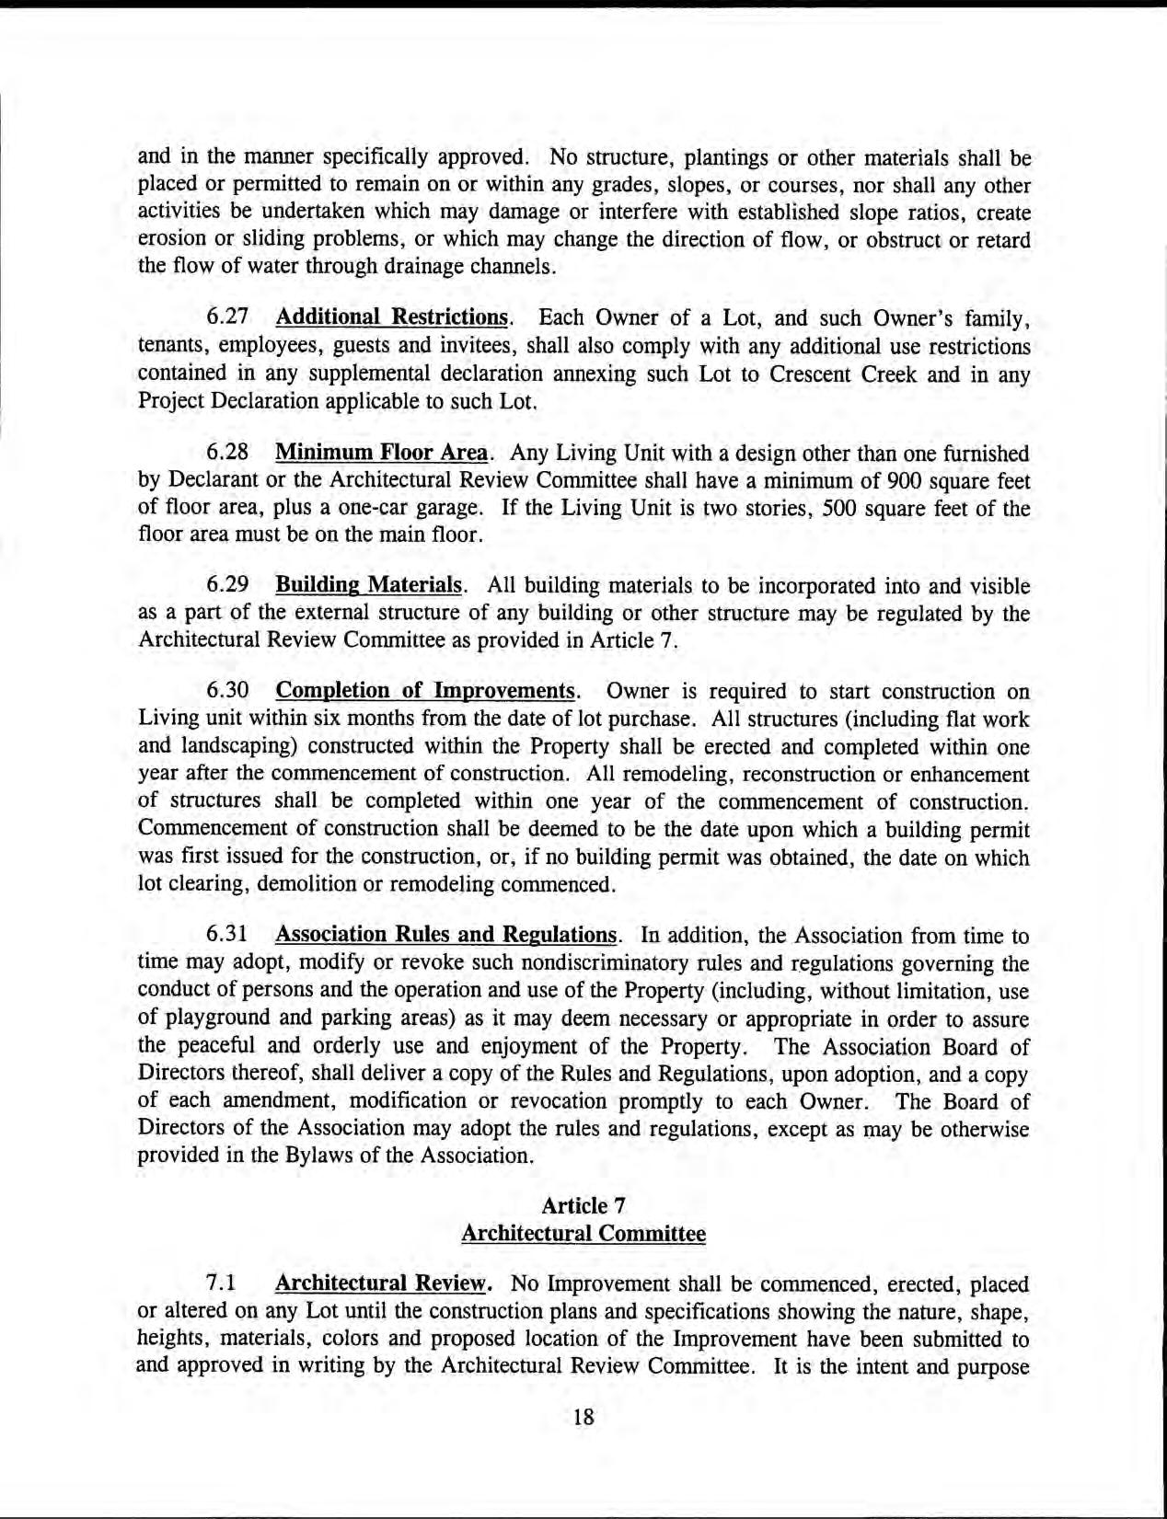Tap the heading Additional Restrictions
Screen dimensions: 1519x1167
[392, 318]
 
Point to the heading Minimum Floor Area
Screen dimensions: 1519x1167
[381, 454]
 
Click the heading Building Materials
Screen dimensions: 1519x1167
[368, 586]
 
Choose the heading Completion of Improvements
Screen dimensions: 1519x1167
[425, 691]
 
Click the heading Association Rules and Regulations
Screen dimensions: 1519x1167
[445, 936]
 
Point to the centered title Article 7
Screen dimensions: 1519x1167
[583, 1205]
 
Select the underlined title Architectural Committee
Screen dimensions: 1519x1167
[583, 1233]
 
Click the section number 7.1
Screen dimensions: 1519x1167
[221, 1283]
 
